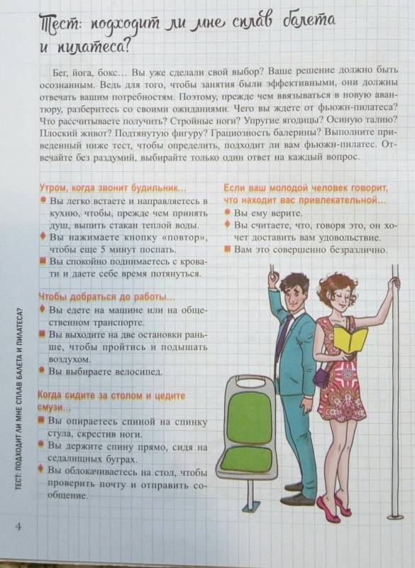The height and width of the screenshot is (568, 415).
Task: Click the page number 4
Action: [18, 525]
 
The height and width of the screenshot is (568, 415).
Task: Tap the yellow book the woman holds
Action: [350, 339]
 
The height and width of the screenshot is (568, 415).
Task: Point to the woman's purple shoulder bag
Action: [321, 376]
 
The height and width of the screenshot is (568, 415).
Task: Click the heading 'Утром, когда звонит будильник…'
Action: [113, 188]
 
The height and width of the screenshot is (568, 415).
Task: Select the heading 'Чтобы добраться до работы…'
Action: [106, 297]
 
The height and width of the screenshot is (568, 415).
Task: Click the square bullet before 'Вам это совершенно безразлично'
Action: [227, 249]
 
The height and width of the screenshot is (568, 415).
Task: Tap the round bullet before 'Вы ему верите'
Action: [227, 212]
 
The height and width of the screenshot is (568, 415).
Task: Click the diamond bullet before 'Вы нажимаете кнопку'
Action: [43, 237]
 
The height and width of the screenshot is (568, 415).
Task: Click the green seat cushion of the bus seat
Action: [248, 459]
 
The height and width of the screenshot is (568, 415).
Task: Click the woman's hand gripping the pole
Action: [394, 283]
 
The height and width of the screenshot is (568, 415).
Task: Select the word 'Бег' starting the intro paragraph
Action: [60, 73]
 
